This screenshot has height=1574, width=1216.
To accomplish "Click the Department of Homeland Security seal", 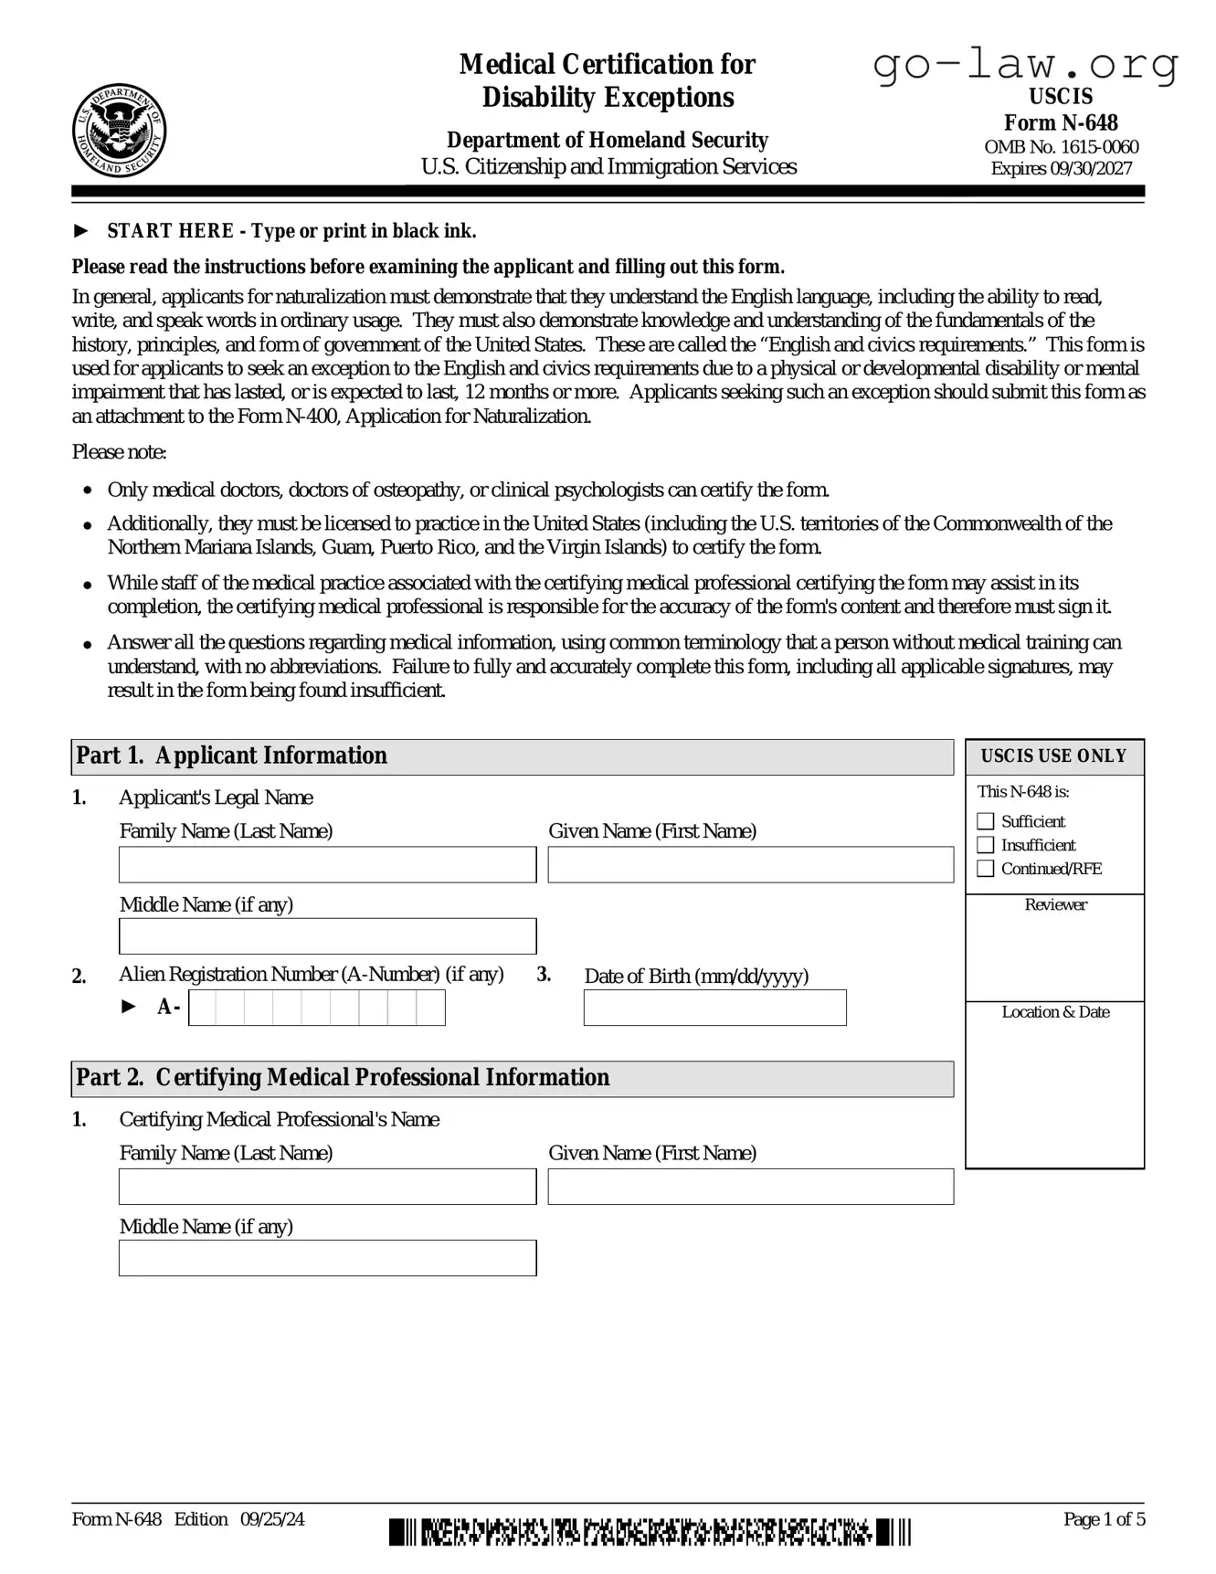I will pos(119,130).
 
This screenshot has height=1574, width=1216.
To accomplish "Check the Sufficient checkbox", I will pos(986,821).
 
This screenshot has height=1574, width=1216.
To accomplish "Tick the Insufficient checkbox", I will pos(986,845).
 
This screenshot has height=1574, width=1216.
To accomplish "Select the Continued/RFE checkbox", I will pos(986,869).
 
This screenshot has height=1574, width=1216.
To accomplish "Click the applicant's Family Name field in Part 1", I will pos(327,864).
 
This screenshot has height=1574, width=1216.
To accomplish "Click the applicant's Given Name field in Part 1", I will pos(750,864).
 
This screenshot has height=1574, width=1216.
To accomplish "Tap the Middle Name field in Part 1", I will pos(327,936).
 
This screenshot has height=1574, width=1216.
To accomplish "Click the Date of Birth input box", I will pos(714,1008).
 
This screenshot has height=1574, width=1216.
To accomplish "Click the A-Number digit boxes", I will pos(316,1008).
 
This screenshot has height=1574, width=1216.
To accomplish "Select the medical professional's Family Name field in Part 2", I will pos(327,1187).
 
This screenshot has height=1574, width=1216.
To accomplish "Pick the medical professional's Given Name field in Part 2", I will pos(750,1187).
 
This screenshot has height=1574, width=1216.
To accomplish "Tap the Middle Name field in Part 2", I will pos(327,1258).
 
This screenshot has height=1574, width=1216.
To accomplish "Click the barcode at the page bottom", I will pos(650,1532).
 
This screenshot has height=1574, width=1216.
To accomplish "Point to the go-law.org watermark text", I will pos(1025,65).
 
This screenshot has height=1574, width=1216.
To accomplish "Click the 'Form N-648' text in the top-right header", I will pos(1061,122).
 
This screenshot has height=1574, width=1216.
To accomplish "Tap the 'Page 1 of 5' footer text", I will pos(1104,1519).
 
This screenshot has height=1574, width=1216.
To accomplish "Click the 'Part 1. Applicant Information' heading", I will pos(232,755).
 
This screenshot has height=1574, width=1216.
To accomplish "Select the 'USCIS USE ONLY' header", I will pos(1054,756).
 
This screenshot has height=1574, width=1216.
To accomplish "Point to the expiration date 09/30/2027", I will pos(1090,168).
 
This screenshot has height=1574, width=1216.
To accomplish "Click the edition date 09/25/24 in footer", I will pos(272,1519).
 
